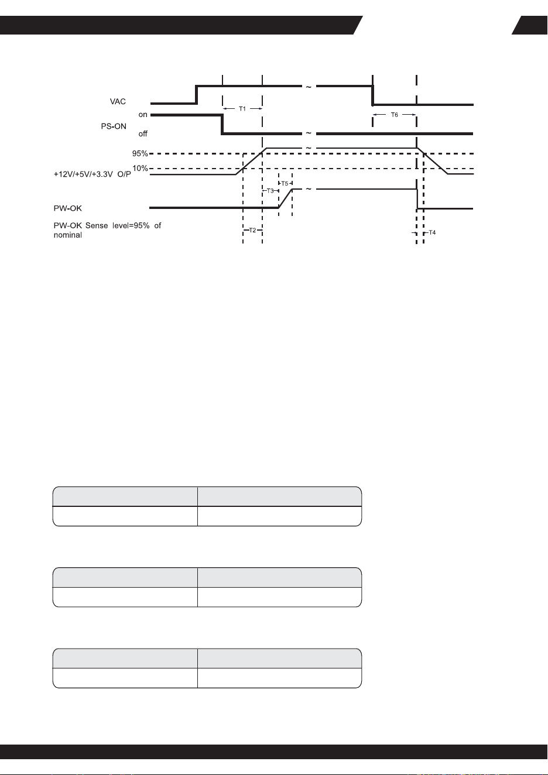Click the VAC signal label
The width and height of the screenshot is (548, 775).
[118, 101]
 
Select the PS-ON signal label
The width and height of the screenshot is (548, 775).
[114, 126]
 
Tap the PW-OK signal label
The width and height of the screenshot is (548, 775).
[67, 208]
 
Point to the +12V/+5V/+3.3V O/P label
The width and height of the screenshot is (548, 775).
[92, 174]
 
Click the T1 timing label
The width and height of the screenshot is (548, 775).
[242, 109]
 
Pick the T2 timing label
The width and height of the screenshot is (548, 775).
[252, 230]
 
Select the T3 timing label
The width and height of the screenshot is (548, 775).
[270, 191]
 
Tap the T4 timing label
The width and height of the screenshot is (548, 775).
[432, 232]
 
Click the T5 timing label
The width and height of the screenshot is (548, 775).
[285, 183]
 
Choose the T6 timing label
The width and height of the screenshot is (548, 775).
[395, 115]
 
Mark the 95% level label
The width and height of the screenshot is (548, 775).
[140, 153]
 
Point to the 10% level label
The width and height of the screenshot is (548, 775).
[140, 168]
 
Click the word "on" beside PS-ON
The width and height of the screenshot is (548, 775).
[143, 115]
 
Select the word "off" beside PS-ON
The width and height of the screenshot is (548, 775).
[143, 133]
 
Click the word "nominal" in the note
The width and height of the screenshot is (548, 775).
[68, 235]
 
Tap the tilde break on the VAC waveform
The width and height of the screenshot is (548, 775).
[309, 87]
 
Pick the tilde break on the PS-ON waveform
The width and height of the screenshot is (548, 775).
[309, 133]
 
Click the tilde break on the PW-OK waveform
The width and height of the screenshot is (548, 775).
[309, 189]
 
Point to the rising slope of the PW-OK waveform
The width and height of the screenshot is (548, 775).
[286, 198]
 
